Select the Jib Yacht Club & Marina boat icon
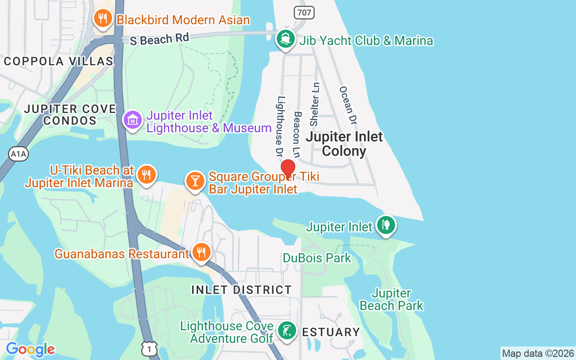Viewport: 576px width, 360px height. click(285, 39)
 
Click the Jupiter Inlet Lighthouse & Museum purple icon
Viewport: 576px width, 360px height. click(133, 120)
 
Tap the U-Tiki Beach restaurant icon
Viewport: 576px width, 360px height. click(146, 174)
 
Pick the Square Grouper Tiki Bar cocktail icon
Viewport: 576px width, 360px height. click(195, 181)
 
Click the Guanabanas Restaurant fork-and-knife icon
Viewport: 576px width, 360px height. click(201, 252)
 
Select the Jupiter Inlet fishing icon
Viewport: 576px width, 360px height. click(386, 225)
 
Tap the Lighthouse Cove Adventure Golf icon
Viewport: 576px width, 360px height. click(287, 331)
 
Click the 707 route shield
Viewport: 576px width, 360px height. click(304, 12)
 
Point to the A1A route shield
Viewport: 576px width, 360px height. click(18, 154)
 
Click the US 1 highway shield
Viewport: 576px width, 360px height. click(149, 348)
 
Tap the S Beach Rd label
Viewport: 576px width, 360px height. click(159, 39)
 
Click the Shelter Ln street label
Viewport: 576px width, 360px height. click(315, 104)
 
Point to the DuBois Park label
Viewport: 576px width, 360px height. click(317, 258)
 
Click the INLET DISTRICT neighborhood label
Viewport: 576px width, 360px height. click(242, 290)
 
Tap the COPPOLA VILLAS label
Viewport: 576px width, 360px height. click(58, 61)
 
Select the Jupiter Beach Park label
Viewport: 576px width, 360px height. click(391, 300)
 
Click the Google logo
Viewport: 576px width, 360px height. click(31, 349)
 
